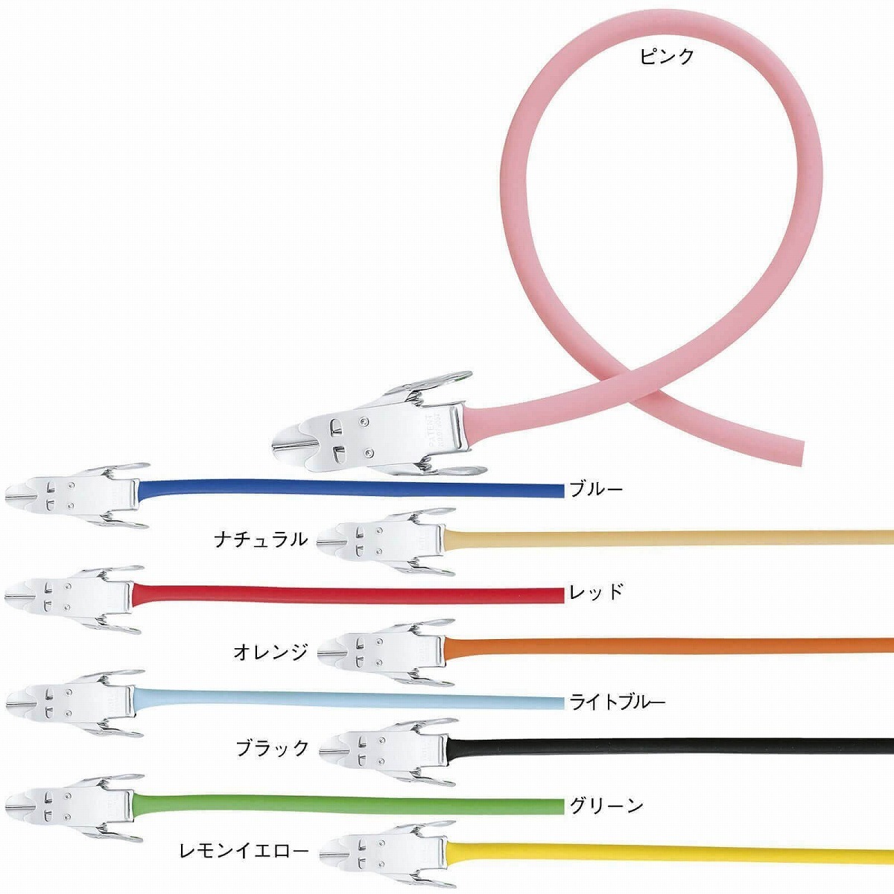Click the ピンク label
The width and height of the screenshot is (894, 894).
click(667, 57)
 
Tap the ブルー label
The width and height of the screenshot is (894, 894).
click(596, 489)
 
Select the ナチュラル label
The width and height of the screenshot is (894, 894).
click(261, 539)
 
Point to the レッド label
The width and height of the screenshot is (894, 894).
click(596, 592)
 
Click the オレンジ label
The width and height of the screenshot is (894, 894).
click(270, 652)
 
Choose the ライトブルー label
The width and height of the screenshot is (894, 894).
click(617, 703)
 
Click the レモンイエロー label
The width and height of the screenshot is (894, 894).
click(244, 852)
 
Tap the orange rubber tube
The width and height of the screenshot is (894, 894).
click(668, 646)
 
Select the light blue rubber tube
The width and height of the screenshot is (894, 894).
click(348, 699)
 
